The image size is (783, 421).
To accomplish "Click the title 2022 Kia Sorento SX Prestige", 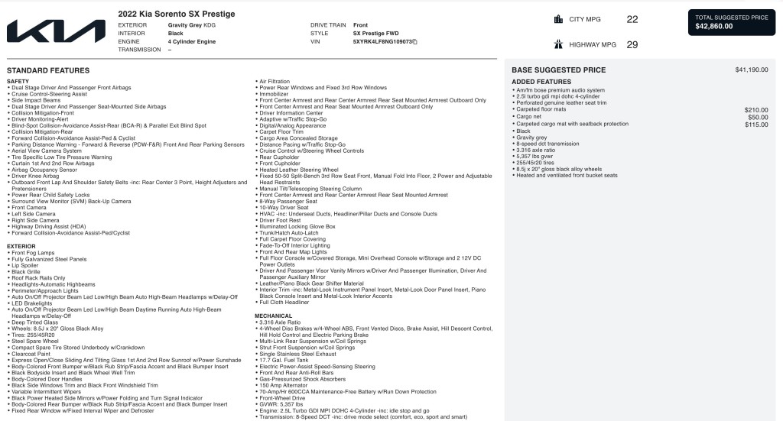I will point(177,14).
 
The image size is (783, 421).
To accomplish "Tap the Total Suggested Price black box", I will point(732,23).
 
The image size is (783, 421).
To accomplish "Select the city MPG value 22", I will point(632,19).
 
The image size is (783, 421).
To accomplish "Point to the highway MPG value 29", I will point(632,45).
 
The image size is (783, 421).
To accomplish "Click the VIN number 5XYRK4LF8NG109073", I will point(382,41).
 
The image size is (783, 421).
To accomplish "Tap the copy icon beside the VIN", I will point(414,41).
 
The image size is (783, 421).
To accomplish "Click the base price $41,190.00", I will point(751,70).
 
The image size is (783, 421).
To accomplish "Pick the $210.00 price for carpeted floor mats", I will point(756,110).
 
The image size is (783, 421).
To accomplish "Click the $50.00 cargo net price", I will point(758,117).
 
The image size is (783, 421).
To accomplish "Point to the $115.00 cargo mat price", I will point(756,124).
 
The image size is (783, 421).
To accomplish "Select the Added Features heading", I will point(541,81).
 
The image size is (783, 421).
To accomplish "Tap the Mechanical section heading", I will point(273,315).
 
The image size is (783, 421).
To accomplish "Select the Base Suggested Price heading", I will point(558,70).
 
